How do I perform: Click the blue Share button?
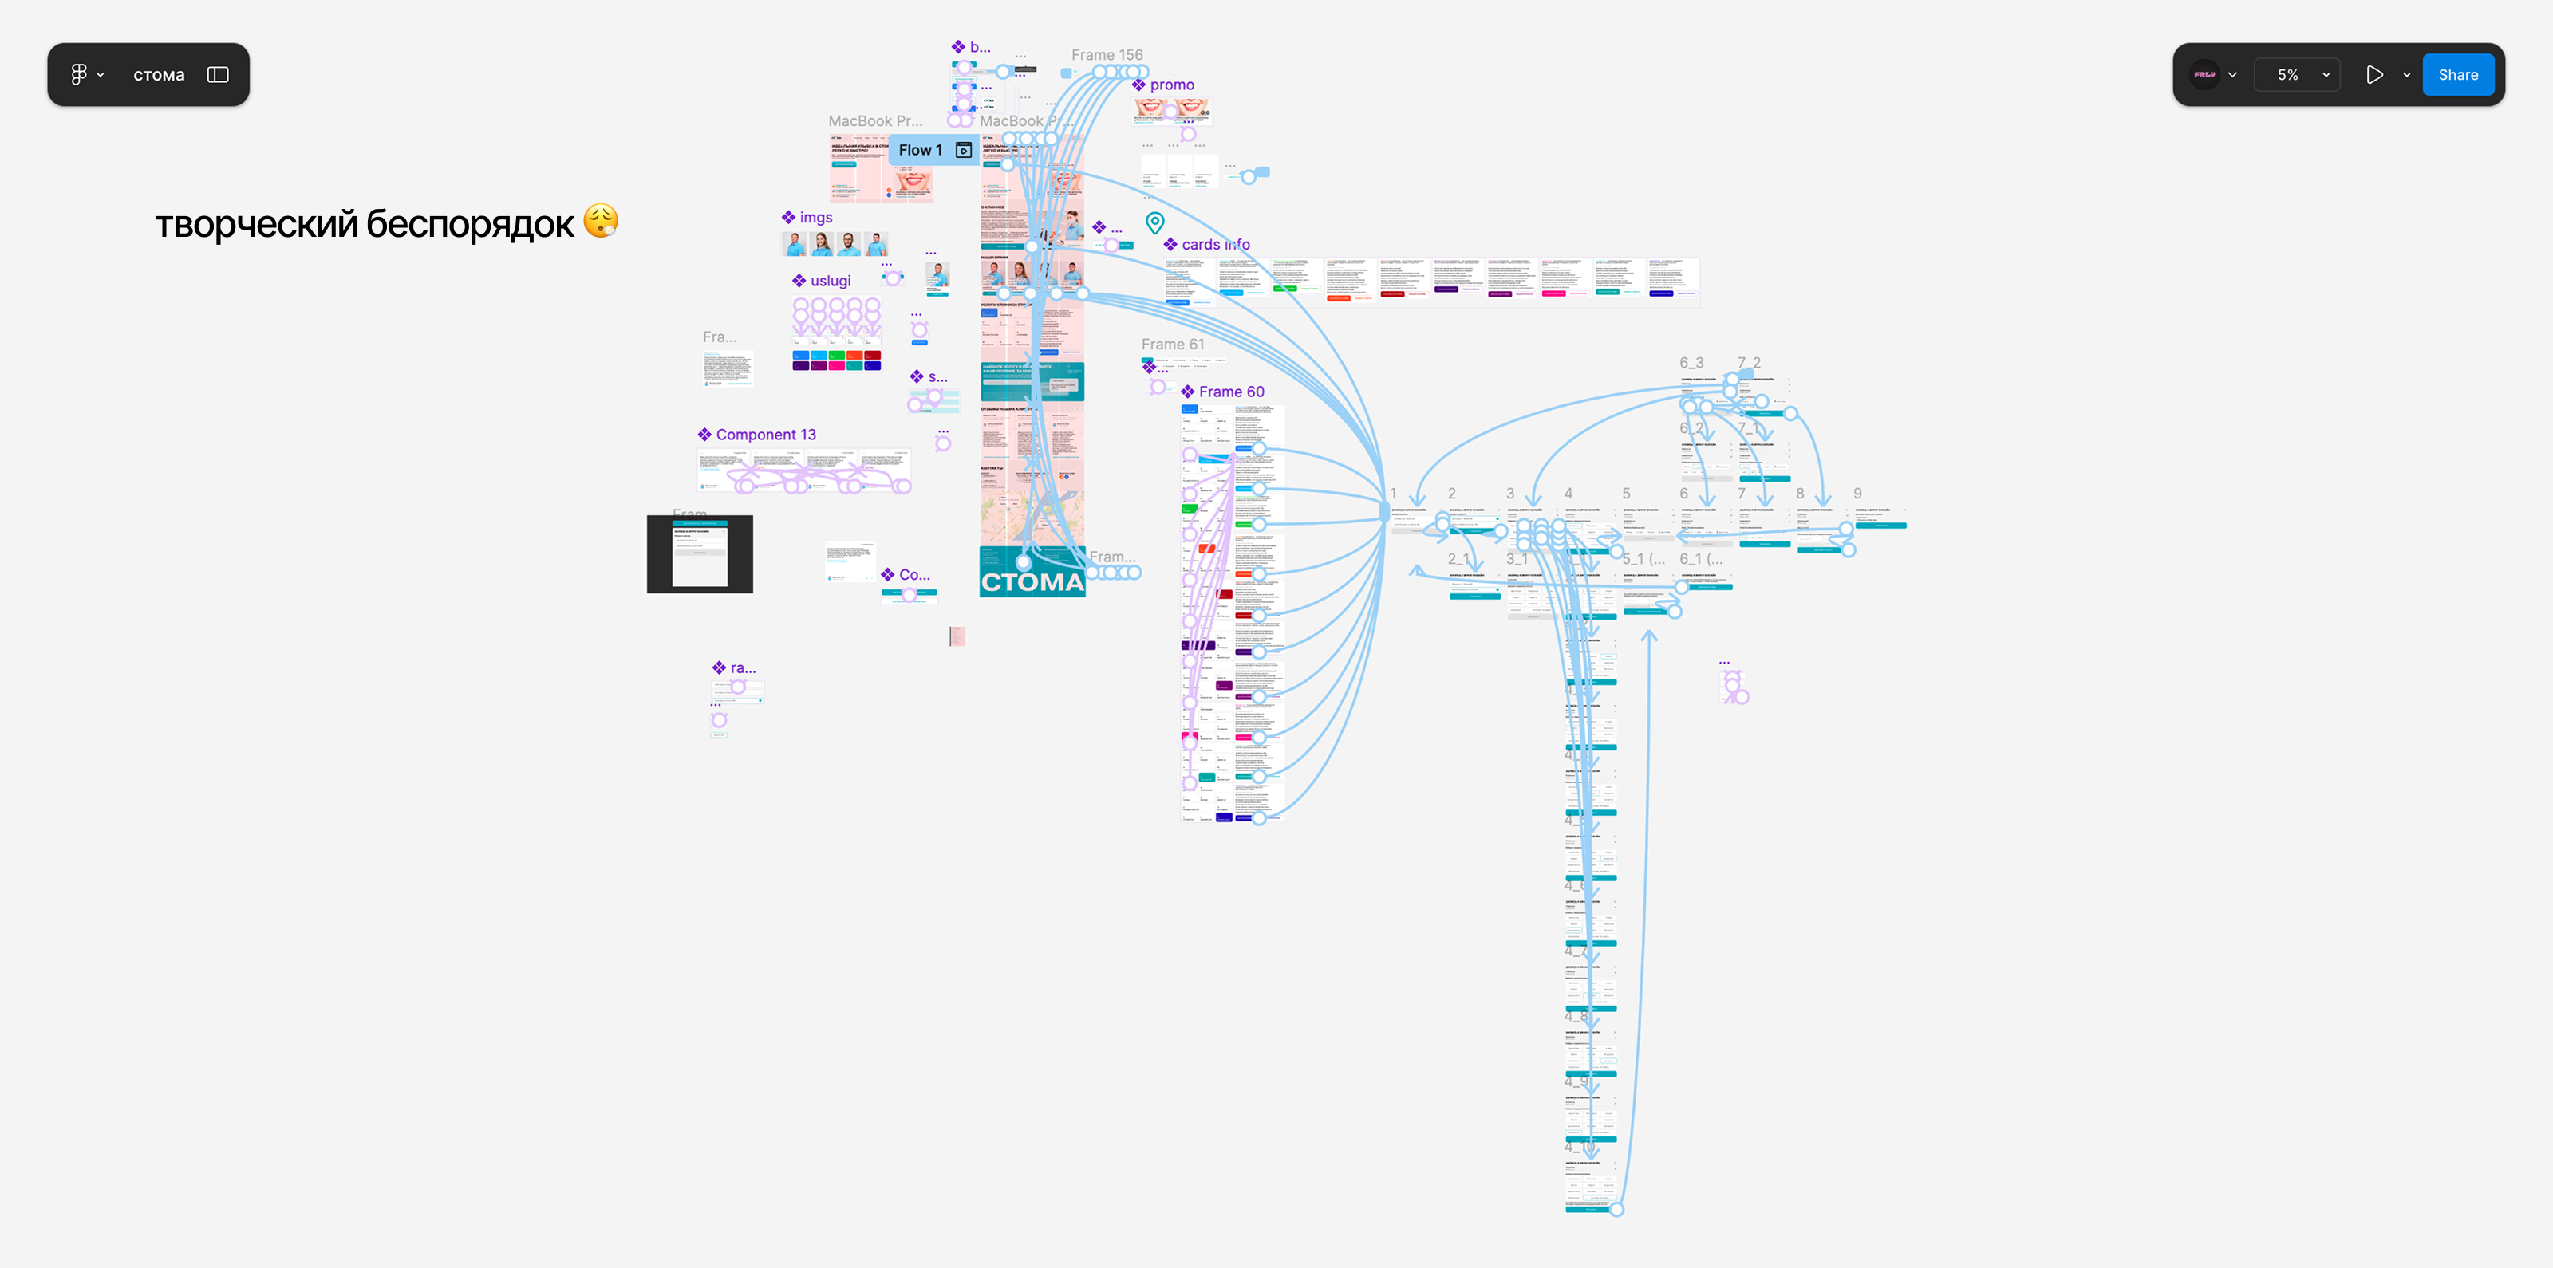point(2457,75)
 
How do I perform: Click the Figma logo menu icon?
point(79,74)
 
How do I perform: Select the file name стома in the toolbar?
point(159,75)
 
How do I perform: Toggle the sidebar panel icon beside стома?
point(218,75)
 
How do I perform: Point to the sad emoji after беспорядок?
point(601,222)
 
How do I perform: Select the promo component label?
point(1171,85)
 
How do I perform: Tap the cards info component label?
point(1214,245)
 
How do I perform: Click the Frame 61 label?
point(1173,345)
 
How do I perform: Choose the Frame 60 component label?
point(1231,392)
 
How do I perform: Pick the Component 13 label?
point(765,435)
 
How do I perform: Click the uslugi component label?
point(830,282)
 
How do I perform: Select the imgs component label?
point(815,218)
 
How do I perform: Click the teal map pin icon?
point(1154,222)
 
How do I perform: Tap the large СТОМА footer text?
point(1032,582)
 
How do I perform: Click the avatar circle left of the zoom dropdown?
point(2204,75)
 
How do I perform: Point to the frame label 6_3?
point(1691,364)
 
